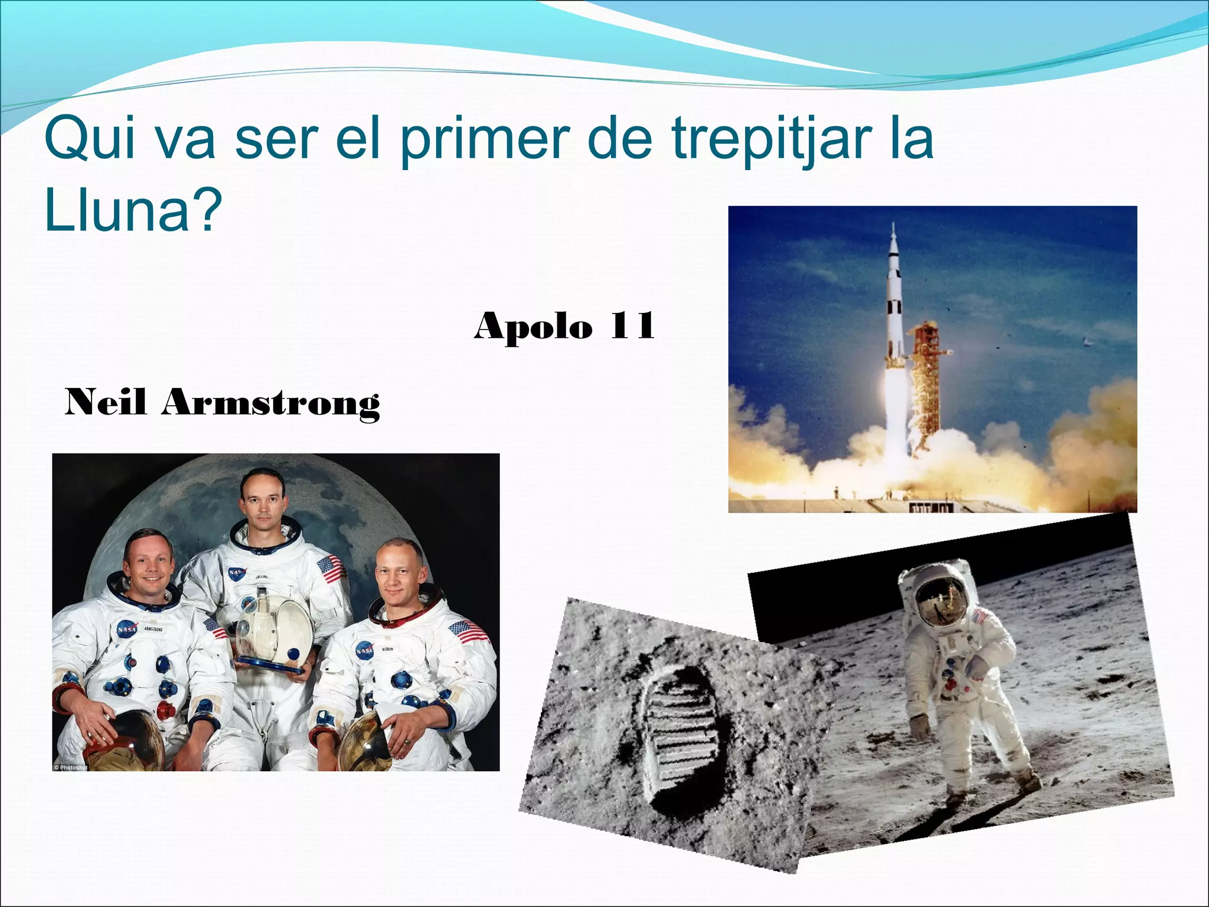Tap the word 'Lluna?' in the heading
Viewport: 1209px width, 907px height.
click(133, 211)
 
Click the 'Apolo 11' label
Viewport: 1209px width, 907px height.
click(564, 326)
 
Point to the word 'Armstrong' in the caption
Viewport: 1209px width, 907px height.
click(271, 403)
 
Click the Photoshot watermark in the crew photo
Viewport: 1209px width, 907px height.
click(70, 767)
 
